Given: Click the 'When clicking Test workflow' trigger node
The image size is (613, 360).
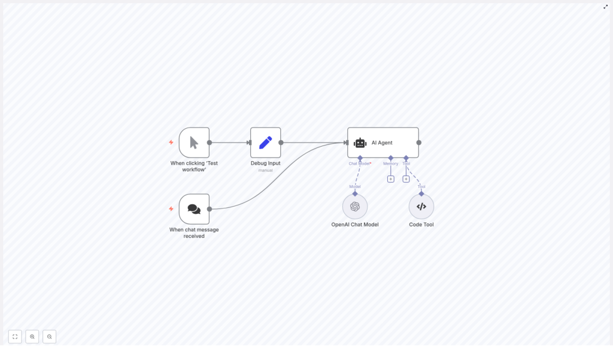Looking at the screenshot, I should tap(194, 143).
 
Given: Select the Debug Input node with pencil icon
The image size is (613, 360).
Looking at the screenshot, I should tap(265, 143).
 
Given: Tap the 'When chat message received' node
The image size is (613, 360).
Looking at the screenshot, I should tap(194, 209).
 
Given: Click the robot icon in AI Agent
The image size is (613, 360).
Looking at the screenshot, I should tap(360, 143).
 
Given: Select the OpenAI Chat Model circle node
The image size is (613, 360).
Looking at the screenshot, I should tap(355, 207).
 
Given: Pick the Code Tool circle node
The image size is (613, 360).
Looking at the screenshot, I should tap(421, 207).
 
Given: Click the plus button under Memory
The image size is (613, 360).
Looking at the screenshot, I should tap(391, 179).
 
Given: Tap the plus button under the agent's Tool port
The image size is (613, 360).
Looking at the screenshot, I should tap(406, 179).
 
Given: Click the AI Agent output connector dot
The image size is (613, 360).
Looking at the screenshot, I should tap(419, 143).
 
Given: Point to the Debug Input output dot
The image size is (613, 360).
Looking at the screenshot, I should tap(281, 143).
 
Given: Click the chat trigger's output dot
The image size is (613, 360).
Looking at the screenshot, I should tap(210, 209).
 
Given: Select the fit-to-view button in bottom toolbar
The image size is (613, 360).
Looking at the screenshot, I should tap(15, 337).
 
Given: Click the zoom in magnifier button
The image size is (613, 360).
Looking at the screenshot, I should tap(32, 337).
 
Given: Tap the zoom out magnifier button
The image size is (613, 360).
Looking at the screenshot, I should tap(50, 337).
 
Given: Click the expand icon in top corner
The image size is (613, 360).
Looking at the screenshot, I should tap(605, 7).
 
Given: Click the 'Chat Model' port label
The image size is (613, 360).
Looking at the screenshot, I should tap(359, 164).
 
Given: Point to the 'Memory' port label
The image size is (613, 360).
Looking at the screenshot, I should tap(391, 164).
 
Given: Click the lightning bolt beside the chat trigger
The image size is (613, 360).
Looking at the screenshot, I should tap(171, 209).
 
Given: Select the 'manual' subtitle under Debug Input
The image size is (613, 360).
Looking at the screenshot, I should tap(265, 171).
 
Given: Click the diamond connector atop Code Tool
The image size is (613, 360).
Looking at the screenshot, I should tap(421, 193).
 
